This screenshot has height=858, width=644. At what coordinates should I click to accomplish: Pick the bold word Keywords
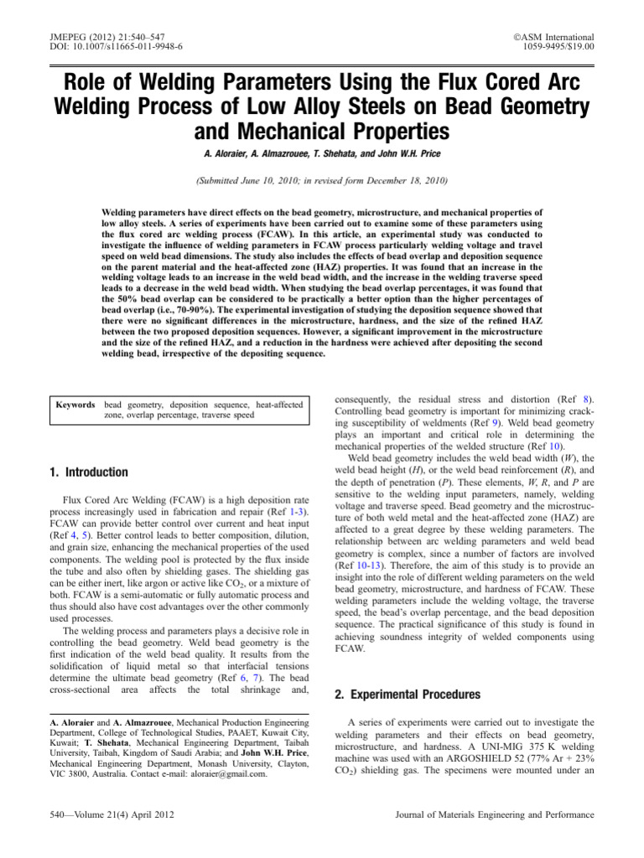[75, 405]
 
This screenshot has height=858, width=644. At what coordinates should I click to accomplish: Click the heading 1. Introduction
[90, 473]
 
